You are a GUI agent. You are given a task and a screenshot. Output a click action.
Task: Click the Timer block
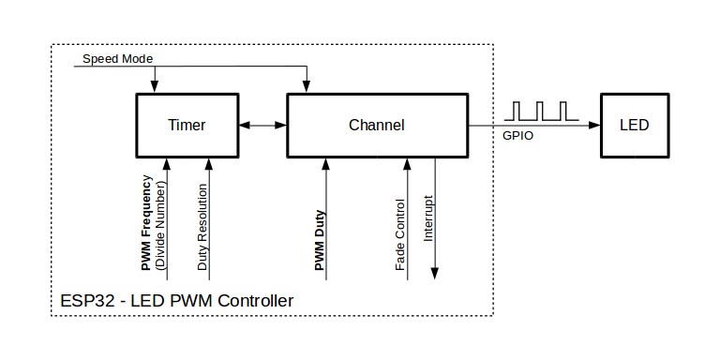(x=187, y=125)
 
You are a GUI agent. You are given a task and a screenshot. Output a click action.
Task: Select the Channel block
(x=376, y=125)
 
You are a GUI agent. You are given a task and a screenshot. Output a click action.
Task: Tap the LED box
(x=635, y=125)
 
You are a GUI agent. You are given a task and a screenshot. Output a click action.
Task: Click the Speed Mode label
(x=117, y=58)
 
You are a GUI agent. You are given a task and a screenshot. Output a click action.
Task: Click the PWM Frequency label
(x=147, y=223)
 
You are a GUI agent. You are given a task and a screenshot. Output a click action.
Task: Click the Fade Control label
(x=400, y=234)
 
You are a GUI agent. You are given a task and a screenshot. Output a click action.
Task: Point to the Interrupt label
(x=427, y=218)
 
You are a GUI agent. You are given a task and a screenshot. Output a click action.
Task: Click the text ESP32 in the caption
(x=82, y=301)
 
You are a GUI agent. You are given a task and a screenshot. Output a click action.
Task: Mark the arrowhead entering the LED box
(x=596, y=125)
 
